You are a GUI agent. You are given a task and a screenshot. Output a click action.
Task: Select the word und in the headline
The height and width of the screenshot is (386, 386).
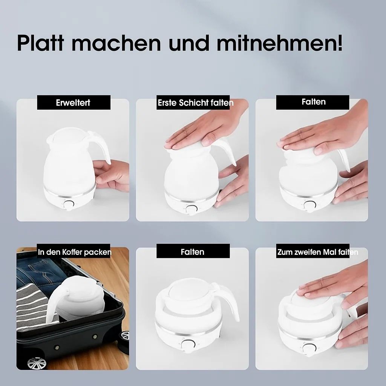pyautogui.click(x=189, y=43)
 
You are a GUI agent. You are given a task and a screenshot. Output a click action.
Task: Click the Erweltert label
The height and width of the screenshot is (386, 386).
pyautogui.click(x=73, y=103)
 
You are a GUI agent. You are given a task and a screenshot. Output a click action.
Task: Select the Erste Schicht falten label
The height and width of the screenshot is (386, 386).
pyautogui.click(x=195, y=103)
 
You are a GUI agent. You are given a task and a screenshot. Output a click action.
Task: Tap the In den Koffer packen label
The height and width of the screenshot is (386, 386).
pyautogui.click(x=75, y=252)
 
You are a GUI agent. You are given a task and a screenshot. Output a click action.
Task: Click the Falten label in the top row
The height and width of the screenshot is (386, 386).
pyautogui.click(x=313, y=102)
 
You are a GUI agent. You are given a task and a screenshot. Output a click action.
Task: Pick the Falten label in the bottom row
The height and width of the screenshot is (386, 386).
pyautogui.click(x=193, y=251)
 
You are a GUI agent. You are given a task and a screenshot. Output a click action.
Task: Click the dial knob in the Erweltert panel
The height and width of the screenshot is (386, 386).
pyautogui.click(x=69, y=205)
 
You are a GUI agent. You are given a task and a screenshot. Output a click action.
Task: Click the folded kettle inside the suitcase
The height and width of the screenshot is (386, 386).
pyautogui.click(x=79, y=298)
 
